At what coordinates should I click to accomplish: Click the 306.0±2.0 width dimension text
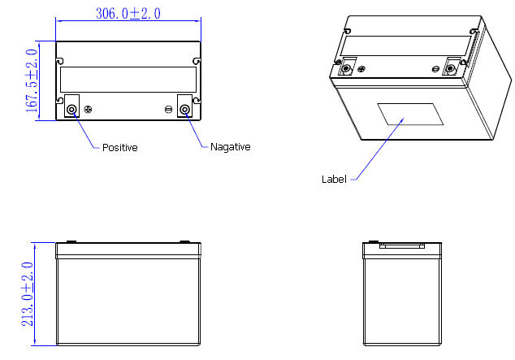pyautogui.click(x=128, y=14)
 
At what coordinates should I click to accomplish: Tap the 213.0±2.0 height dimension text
pyautogui.click(x=26, y=294)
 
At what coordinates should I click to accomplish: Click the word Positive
pyautogui.click(x=119, y=148)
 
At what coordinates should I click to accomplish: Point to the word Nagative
pyautogui.click(x=230, y=147)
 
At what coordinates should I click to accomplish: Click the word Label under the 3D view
pyautogui.click(x=333, y=179)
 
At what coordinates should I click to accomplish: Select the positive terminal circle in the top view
pyautogui.click(x=71, y=109)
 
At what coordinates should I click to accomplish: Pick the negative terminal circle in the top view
pyautogui.click(x=185, y=109)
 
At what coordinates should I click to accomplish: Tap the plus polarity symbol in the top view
pyautogui.click(x=89, y=109)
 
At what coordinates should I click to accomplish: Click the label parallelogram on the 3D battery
pyautogui.click(x=410, y=115)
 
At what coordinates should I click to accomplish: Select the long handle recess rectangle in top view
pyautogui.click(x=128, y=80)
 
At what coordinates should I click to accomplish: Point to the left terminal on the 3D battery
pyautogui.click(x=347, y=67)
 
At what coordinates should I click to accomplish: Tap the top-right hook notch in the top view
pyautogui.click(x=196, y=61)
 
